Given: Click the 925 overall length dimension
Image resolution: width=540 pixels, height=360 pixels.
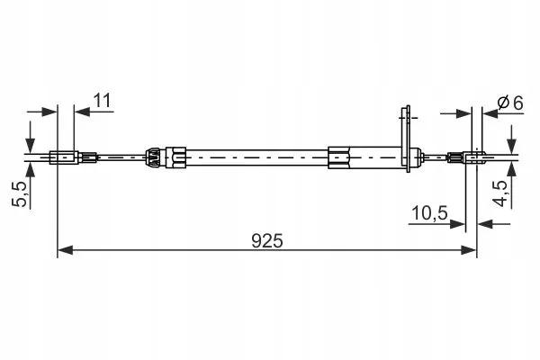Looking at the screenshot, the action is (x=267, y=241).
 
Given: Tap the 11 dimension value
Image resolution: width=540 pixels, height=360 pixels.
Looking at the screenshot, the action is (x=103, y=101).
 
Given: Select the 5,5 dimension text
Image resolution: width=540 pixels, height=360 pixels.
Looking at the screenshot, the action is (x=20, y=193).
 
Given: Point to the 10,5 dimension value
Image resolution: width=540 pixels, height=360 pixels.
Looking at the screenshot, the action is (x=430, y=213).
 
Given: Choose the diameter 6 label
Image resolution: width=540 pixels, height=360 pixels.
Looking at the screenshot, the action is (x=510, y=103).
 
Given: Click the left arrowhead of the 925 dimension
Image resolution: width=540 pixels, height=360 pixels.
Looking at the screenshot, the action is (x=65, y=250).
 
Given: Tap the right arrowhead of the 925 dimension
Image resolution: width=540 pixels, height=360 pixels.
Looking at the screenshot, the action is (x=469, y=250).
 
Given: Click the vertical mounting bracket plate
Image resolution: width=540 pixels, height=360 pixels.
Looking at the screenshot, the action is (x=408, y=139).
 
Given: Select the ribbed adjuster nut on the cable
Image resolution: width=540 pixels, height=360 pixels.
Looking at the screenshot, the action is (x=153, y=157).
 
